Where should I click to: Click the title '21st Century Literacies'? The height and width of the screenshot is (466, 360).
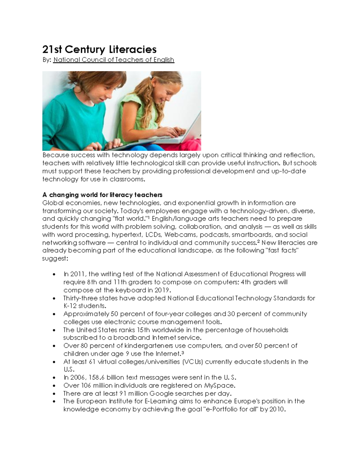coord(99,50)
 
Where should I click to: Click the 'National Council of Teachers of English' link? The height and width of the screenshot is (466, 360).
coord(113,60)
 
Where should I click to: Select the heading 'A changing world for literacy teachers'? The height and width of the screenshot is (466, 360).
coord(102,195)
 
